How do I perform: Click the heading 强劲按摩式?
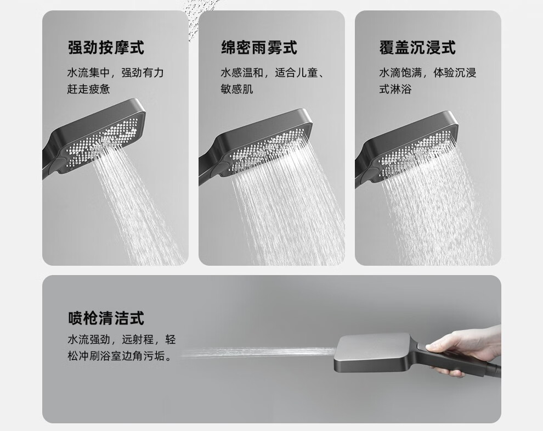pos(106,48)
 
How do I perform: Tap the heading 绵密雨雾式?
pos(259,48)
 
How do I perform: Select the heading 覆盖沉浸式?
pos(417,48)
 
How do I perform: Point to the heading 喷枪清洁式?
pos(106,318)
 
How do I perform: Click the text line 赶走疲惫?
pos(89,89)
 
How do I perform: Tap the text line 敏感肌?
pos(237,89)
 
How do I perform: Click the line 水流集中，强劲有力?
pos(115,73)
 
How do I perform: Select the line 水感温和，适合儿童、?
pos(273,73)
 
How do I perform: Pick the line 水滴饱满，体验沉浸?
pos(428,73)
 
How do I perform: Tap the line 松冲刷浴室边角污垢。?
pos(120,356)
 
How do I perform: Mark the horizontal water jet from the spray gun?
pos(258,352)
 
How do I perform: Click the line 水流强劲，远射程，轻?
pos(122,339)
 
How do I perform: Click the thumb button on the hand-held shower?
pos(422,346)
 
